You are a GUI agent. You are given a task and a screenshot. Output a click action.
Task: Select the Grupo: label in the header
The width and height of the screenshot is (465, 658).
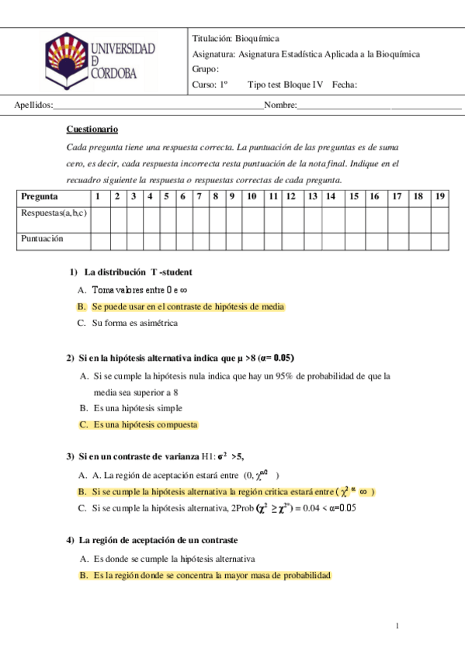point(206,69)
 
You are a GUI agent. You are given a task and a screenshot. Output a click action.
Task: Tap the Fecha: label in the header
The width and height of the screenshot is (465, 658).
point(344,85)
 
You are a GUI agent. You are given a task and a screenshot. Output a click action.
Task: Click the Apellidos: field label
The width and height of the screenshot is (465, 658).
point(33,105)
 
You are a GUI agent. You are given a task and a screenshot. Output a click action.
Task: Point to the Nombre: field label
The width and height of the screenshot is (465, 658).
point(280,105)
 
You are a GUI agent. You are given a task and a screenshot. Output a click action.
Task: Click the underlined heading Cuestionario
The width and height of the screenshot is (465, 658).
point(92,130)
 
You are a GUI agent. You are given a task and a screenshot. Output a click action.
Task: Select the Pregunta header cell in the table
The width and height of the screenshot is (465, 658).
point(40,196)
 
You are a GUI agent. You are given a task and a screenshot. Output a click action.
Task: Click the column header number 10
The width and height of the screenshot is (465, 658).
point(252,196)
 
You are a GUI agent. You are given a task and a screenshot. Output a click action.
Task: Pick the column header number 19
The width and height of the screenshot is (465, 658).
point(440,196)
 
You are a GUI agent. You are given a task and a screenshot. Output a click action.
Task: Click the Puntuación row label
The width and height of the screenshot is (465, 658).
point(42,239)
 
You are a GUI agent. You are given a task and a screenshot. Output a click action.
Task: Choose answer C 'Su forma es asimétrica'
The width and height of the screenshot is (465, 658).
point(134,323)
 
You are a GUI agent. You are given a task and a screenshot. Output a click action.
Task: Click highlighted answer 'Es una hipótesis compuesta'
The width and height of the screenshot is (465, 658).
point(145,424)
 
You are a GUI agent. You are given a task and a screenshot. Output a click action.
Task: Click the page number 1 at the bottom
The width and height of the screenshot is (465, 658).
point(397,625)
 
